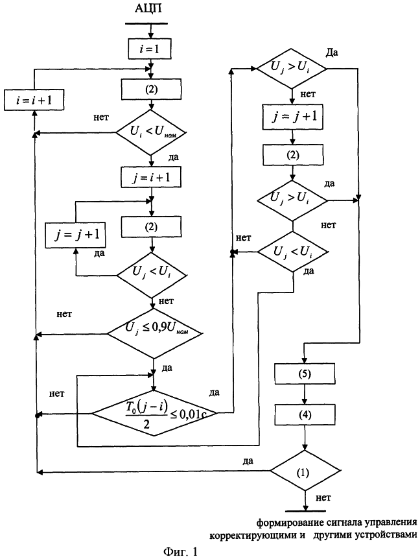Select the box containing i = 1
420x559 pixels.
[x=150, y=48]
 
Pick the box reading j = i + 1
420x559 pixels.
[x=150, y=177]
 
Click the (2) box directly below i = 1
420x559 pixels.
[x=150, y=88]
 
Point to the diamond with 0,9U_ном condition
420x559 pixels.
[x=154, y=335]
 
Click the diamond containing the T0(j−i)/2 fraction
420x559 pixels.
[x=154, y=412]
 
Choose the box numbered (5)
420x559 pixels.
[x=305, y=375]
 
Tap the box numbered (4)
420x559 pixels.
[x=305, y=413]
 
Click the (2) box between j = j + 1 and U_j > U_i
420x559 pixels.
[x=294, y=156]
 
